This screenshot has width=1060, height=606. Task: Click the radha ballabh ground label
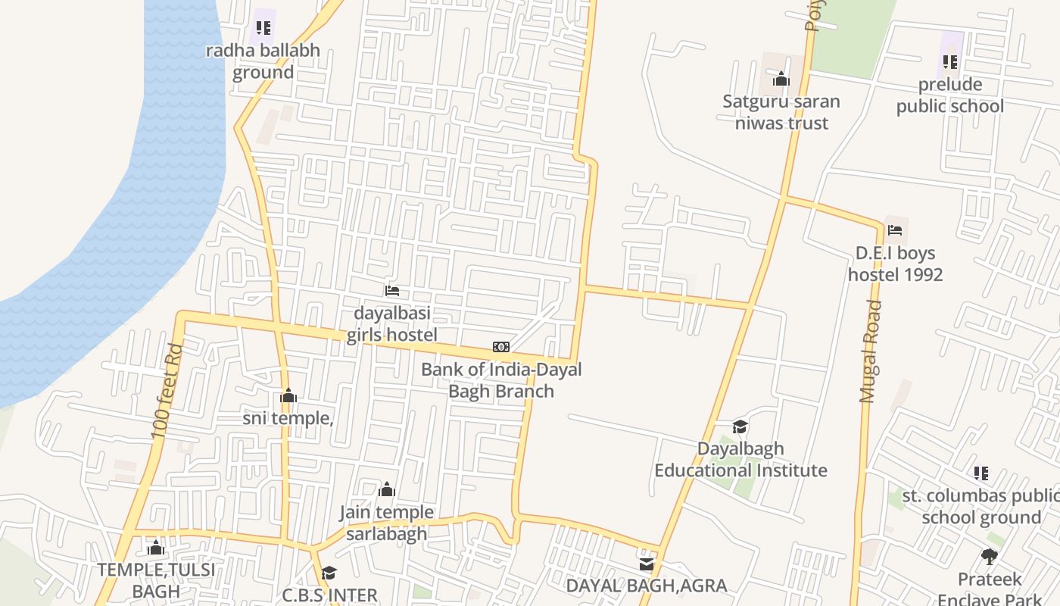pyautogui.click(x=263, y=61)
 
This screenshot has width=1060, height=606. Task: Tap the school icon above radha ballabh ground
pyautogui.click(x=263, y=28)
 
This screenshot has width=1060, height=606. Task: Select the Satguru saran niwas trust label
pyautogui.click(x=781, y=112)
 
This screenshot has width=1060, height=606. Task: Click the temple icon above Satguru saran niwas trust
pyautogui.click(x=781, y=79)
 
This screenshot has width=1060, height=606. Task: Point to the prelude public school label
pyautogui.click(x=950, y=95)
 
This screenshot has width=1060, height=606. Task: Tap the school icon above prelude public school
pyautogui.click(x=950, y=61)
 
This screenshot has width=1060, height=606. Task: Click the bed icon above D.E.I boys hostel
pyautogui.click(x=895, y=230)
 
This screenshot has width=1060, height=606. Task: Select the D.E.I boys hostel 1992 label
pyautogui.click(x=895, y=264)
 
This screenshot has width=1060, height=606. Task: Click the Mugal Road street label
pyautogui.click(x=871, y=351)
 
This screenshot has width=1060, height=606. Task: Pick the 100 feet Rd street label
pyautogui.click(x=167, y=392)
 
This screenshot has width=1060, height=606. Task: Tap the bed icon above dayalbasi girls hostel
pyautogui.click(x=391, y=290)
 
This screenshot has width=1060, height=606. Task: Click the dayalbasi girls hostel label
pyautogui.click(x=391, y=323)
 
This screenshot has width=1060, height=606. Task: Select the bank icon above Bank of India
pyautogui.click(x=501, y=347)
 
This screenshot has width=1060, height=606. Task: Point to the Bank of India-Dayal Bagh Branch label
pyautogui.click(x=501, y=380)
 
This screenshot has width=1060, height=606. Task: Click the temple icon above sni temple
pyautogui.click(x=288, y=395)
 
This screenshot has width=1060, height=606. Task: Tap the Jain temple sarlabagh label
pyautogui.click(x=386, y=523)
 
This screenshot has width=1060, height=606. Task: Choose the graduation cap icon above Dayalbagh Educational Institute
pyautogui.click(x=740, y=426)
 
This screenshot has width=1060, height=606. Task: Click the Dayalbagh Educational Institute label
pyautogui.click(x=740, y=460)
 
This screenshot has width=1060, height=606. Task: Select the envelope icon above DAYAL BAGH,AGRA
pyautogui.click(x=646, y=564)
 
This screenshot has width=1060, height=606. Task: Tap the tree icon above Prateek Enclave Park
pyautogui.click(x=989, y=557)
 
